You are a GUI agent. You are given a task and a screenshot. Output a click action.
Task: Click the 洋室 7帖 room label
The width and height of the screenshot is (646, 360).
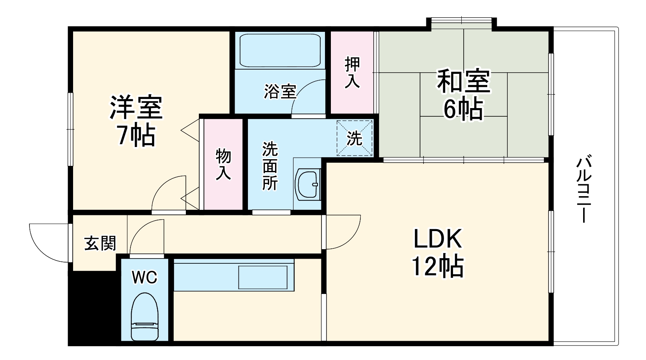[136, 121]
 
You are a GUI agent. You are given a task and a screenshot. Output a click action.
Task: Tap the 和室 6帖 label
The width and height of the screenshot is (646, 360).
[464, 94]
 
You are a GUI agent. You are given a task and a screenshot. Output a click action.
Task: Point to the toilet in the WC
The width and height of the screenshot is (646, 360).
[144, 317]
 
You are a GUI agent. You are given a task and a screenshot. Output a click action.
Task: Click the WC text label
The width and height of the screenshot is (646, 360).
[144, 278]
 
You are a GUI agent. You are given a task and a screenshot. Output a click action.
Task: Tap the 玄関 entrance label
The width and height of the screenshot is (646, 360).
[100, 244]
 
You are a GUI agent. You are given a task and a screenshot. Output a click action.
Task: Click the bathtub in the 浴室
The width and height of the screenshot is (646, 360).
[280, 51]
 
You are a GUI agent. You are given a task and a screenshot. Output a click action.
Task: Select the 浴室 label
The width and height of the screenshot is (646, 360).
[279, 92]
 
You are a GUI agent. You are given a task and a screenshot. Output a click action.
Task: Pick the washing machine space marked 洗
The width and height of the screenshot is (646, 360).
[354, 138]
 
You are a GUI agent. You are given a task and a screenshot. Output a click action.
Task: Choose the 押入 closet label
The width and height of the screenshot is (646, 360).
[352, 73]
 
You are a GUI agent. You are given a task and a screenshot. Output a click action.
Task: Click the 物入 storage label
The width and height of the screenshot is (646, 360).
[223, 164]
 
